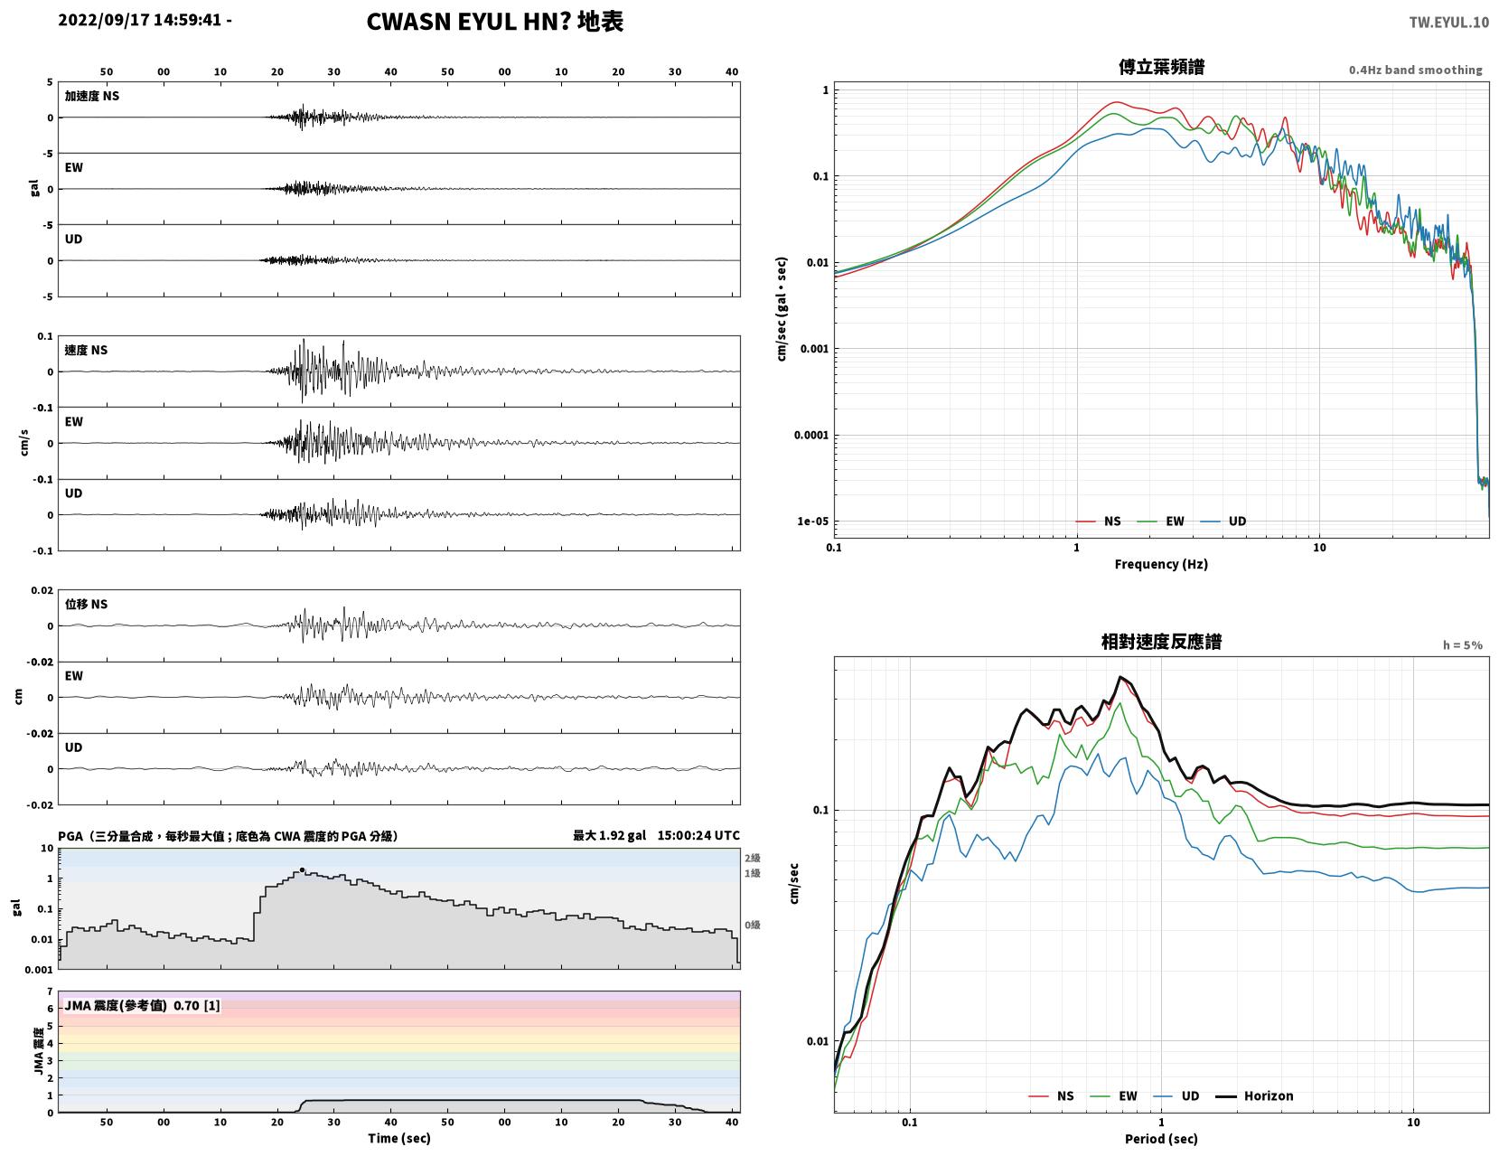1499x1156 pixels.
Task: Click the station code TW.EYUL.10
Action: [1448, 22]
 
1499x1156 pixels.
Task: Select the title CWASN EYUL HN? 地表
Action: [494, 22]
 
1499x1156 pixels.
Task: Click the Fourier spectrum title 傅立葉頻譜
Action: [1161, 67]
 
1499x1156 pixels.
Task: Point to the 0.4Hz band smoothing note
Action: [1415, 70]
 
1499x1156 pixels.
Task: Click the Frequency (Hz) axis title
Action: [1161, 564]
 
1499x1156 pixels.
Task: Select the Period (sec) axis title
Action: [1161, 1139]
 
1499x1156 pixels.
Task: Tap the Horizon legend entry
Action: [1254, 1096]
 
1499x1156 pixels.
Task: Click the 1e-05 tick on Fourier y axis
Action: [812, 522]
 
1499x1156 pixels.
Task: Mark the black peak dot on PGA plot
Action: [302, 869]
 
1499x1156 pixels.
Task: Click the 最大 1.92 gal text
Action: [609, 835]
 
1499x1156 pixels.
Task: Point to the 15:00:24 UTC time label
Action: [698, 835]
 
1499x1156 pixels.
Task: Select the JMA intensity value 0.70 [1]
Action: [197, 1006]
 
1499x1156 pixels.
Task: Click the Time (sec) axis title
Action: [398, 1138]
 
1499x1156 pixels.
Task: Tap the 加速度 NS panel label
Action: [92, 96]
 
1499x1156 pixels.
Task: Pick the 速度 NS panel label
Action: [86, 351]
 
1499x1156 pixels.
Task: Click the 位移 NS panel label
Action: [86, 604]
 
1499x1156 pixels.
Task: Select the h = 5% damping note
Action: [1463, 645]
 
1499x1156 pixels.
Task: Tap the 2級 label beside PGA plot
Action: [752, 858]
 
